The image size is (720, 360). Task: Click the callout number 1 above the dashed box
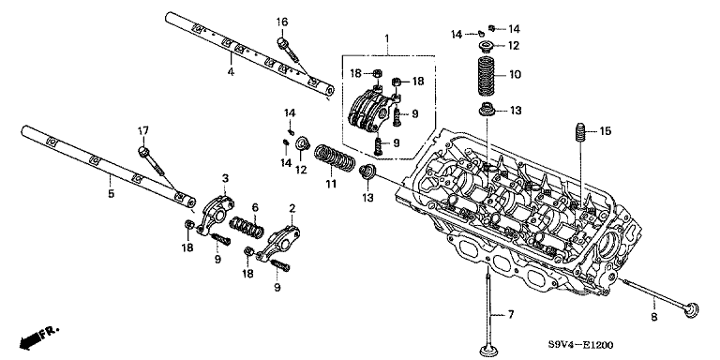point(386,37)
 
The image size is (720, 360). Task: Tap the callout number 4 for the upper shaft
point(231,72)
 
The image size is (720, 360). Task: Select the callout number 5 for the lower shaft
point(111,194)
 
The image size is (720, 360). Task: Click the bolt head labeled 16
point(281,43)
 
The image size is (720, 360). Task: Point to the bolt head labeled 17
point(143,151)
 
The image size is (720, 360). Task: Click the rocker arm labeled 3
point(216,214)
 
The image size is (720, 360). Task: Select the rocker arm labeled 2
point(278,243)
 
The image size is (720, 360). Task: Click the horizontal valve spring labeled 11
point(335,157)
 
